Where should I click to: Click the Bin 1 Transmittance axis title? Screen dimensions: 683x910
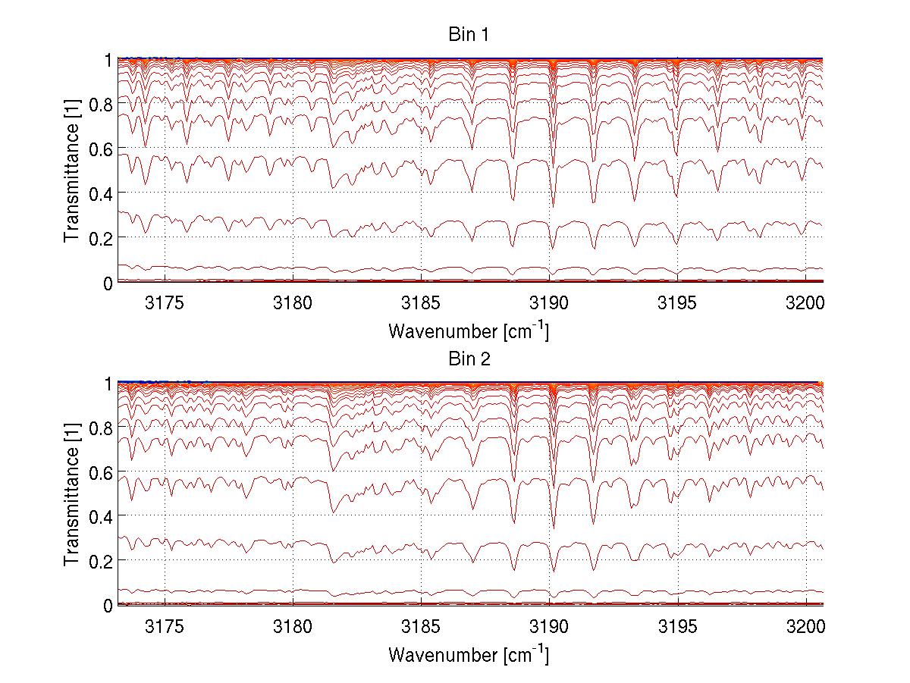(72, 171)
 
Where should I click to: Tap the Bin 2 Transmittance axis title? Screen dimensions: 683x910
(72, 494)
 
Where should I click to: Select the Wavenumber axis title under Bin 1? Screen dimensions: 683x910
(469, 331)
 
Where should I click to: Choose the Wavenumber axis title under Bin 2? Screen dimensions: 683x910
(469, 654)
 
